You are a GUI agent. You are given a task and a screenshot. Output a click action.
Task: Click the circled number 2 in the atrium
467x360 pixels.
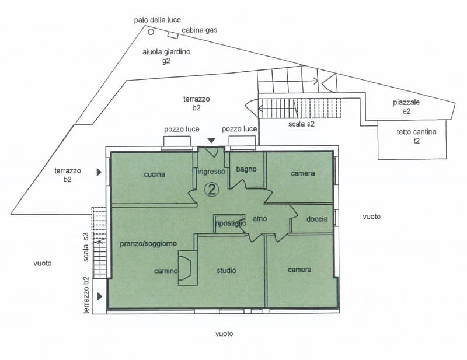(x=212, y=190)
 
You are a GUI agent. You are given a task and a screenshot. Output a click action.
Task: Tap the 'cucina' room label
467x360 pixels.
(x=154, y=174)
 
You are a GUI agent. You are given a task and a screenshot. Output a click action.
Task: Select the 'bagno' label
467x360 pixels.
(x=246, y=169)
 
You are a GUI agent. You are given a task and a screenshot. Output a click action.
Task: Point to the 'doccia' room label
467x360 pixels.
(x=317, y=219)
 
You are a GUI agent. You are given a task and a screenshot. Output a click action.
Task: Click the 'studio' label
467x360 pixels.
(x=226, y=271)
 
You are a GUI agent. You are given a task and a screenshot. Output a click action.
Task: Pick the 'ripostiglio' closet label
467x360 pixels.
(x=231, y=223)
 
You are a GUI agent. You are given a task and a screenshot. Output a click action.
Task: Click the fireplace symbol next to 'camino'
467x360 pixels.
(x=187, y=268)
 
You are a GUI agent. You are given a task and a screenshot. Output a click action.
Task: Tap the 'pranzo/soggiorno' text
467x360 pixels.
(x=148, y=244)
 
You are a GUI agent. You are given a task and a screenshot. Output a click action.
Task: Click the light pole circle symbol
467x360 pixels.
(x=151, y=32)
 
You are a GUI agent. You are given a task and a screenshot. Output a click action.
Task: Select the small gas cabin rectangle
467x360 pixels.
(x=173, y=35)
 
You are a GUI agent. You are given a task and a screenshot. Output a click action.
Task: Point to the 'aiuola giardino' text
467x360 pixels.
(x=166, y=52)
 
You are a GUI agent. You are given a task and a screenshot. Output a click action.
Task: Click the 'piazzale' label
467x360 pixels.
(x=406, y=103)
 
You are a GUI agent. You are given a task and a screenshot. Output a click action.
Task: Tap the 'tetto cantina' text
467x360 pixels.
(x=416, y=132)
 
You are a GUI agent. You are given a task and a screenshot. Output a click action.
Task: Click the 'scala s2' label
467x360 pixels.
(x=301, y=124)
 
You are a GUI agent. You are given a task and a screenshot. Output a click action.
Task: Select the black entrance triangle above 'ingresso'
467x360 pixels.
(x=211, y=141)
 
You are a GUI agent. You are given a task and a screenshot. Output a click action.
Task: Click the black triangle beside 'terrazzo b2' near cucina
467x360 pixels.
(x=99, y=172)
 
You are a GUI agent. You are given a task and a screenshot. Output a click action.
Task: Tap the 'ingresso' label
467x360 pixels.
(x=211, y=172)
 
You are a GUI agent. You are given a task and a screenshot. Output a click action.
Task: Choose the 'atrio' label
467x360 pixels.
(x=260, y=219)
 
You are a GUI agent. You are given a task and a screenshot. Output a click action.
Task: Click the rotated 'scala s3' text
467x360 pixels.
(x=86, y=247)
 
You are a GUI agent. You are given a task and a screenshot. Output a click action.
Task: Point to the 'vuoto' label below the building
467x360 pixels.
(x=224, y=334)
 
